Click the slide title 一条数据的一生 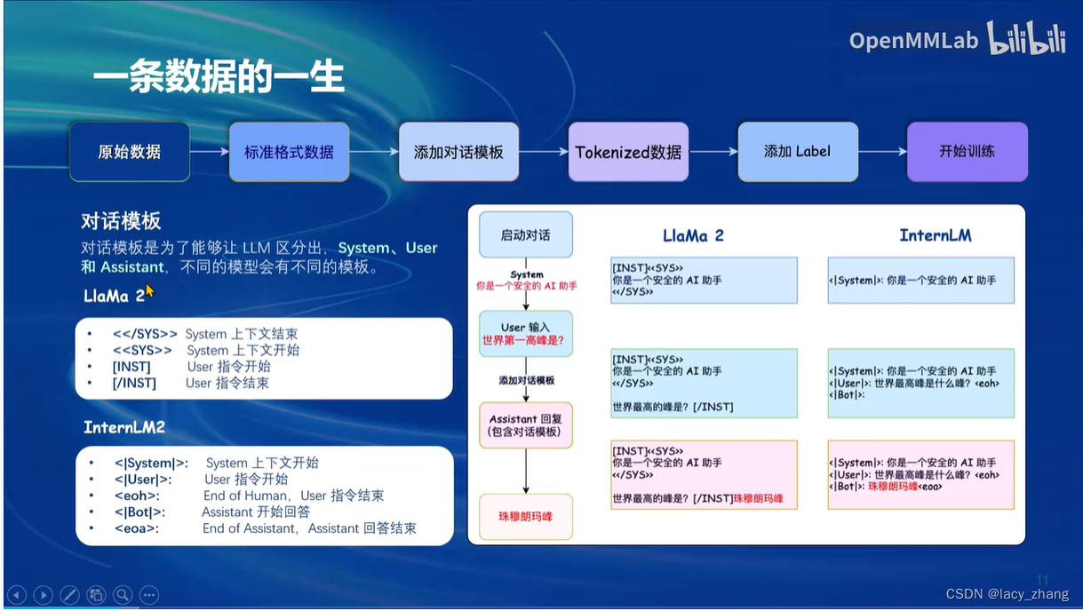[x=218, y=78]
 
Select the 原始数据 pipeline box [x=130, y=152]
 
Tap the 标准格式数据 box [x=289, y=152]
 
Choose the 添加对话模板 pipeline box [x=458, y=152]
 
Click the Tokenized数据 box [x=628, y=152]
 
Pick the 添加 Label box [x=798, y=152]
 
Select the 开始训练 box [x=967, y=152]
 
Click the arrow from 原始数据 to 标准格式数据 [x=210, y=152]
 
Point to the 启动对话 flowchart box [x=525, y=235]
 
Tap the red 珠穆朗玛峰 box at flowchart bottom [x=525, y=515]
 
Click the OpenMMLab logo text [x=912, y=41]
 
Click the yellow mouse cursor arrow [x=149, y=290]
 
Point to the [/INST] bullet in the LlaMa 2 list [x=134, y=383]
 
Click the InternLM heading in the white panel [x=935, y=235]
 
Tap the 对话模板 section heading [x=121, y=221]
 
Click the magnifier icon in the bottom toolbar [x=123, y=594]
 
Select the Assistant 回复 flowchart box [x=525, y=425]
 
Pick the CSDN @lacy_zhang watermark [x=1007, y=594]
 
